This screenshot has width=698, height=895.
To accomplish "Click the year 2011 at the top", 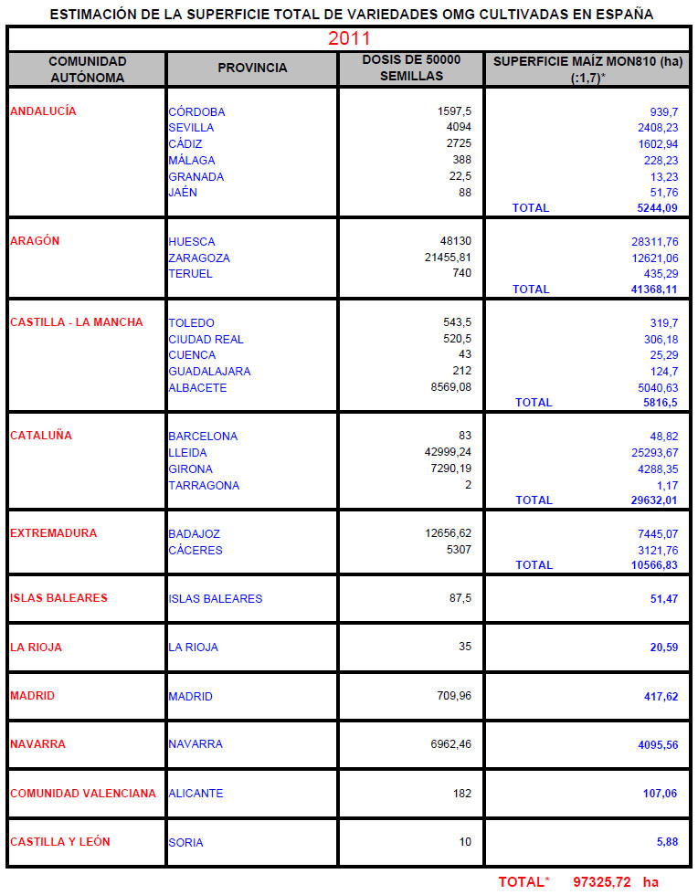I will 349,38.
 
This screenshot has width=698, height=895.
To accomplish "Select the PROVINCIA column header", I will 252,68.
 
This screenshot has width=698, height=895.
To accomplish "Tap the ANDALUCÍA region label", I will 56,111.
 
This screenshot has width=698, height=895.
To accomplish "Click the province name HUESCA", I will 192,242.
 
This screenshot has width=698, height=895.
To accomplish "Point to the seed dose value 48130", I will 455,241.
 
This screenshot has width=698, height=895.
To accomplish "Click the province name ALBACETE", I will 197,388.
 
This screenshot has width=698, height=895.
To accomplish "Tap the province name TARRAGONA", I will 204,486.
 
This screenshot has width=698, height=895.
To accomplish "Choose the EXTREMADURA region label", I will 53,533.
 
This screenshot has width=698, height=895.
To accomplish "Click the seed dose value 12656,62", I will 448,533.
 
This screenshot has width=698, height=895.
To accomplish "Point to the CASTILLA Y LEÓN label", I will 59,841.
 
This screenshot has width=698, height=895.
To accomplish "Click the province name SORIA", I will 185,842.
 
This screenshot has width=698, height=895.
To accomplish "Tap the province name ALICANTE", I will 196,794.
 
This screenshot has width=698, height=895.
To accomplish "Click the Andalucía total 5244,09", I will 657,208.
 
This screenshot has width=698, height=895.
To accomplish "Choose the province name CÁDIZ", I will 185,144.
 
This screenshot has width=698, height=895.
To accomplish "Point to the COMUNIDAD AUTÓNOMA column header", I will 87,68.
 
